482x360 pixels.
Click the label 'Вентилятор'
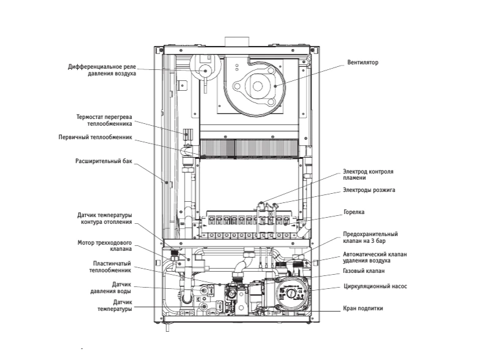363,63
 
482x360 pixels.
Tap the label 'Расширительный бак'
104,161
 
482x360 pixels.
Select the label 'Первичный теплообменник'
95,137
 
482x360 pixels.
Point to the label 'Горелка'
354,212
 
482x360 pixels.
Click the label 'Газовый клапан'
364,271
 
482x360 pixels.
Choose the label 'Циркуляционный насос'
375,286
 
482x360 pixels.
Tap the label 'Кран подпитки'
363,308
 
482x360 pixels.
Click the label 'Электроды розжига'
369,190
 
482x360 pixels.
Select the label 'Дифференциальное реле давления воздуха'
102,70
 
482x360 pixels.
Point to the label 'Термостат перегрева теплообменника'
104,120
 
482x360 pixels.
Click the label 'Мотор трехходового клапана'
104,246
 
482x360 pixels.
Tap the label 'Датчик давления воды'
110,288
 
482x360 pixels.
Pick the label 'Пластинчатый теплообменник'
110,267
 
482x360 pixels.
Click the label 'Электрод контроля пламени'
368,175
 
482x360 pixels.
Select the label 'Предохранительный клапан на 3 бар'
370,237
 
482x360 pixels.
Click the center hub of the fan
258,86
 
